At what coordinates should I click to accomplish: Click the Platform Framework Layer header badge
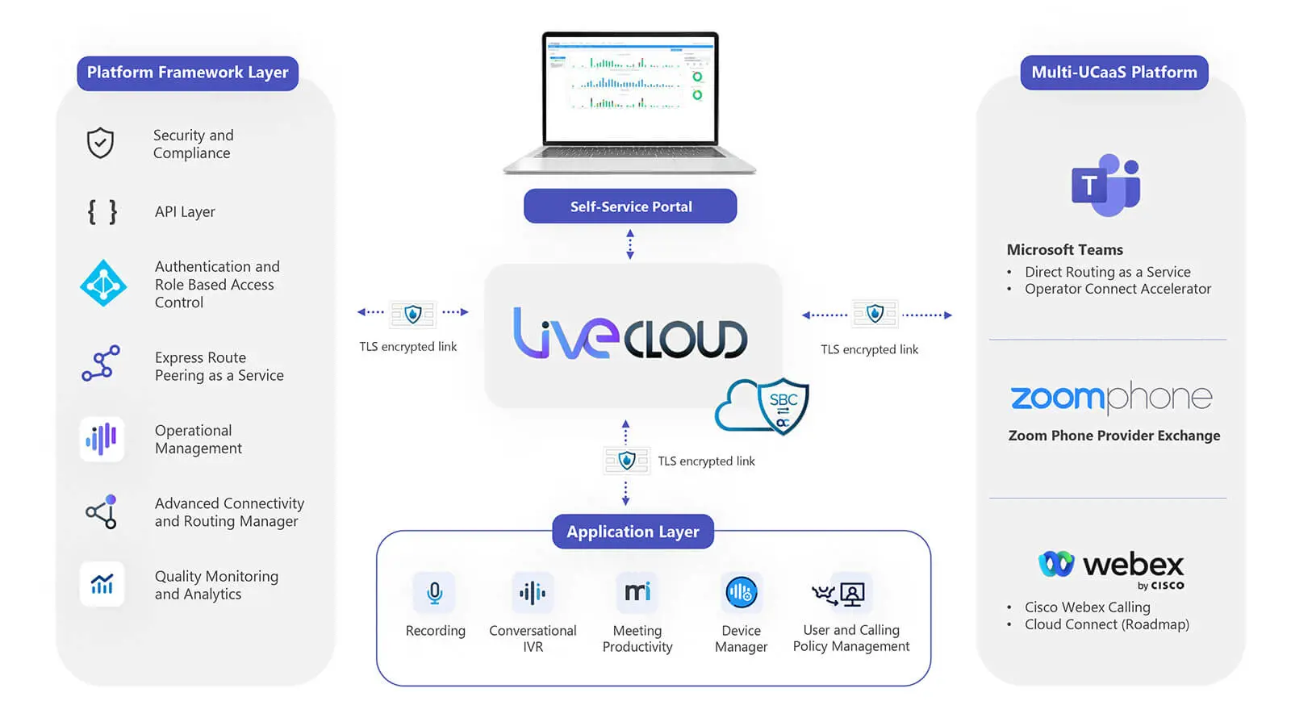(x=187, y=73)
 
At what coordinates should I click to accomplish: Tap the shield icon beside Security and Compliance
(x=100, y=143)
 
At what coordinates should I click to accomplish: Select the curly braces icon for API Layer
(x=102, y=212)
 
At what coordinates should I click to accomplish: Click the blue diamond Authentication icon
(x=103, y=283)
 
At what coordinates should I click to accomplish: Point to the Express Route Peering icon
(x=101, y=364)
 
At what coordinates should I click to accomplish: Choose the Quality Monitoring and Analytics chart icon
(x=102, y=583)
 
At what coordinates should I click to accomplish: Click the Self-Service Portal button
(x=630, y=207)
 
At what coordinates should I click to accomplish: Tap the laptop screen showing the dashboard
(x=629, y=87)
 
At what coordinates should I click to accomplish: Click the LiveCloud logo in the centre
(x=630, y=333)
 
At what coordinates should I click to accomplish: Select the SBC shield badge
(x=782, y=406)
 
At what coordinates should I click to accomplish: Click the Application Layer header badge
(x=633, y=532)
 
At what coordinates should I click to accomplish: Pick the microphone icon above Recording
(x=434, y=593)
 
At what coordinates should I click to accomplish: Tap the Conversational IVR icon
(x=533, y=593)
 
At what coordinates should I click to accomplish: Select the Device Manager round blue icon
(x=741, y=593)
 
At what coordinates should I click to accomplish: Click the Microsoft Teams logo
(x=1105, y=186)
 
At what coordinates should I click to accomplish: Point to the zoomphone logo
(x=1112, y=397)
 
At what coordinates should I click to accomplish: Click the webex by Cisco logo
(x=1112, y=568)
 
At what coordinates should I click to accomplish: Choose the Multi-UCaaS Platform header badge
(x=1113, y=73)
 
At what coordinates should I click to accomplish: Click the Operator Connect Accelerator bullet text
(x=1118, y=289)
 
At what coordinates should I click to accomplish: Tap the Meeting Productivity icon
(x=637, y=593)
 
